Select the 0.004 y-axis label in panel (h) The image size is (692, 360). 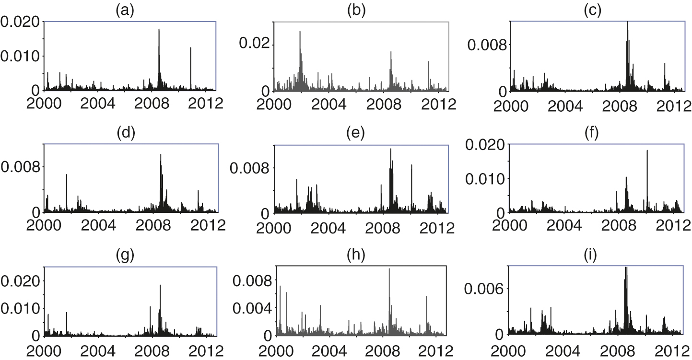252,307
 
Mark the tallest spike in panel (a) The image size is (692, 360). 159,30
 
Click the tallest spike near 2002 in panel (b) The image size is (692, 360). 300,32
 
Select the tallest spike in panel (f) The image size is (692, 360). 647,151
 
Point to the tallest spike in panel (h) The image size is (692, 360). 389,269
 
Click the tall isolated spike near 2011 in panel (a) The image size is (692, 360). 190,48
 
